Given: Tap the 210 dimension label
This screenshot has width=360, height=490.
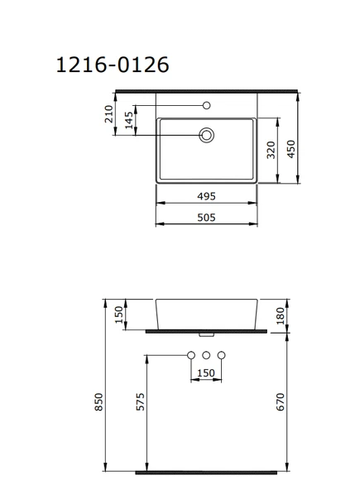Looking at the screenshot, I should coord(109,114).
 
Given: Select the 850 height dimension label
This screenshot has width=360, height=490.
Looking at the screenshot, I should coord(98,402).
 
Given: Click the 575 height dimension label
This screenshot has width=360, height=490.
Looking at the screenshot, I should coord(141,401).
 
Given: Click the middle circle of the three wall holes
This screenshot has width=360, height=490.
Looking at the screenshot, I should coord(206,355).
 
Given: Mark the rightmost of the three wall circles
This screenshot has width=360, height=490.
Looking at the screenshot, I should coord(221,355).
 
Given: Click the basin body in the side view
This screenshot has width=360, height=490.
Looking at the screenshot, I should coord(206,313).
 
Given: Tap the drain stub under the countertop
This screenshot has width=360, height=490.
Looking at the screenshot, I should coord(206,334).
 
